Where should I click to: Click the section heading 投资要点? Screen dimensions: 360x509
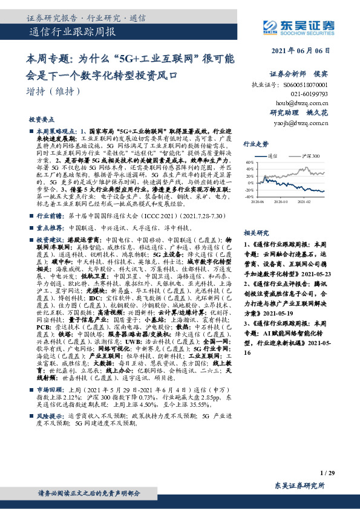(42, 120)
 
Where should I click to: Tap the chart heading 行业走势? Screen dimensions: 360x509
(255, 144)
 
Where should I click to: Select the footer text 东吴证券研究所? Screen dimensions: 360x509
(299, 485)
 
